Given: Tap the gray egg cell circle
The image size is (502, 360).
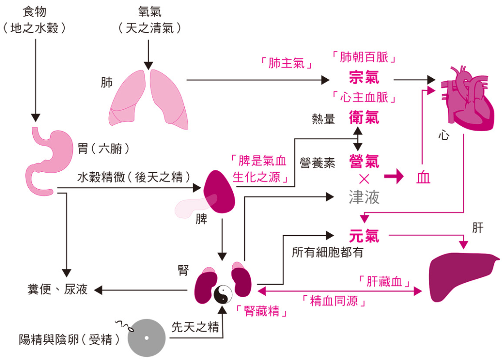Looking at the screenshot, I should click(146, 338).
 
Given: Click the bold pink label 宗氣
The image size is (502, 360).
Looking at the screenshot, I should click(364, 77).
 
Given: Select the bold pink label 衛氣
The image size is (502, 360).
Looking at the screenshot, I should click(364, 118).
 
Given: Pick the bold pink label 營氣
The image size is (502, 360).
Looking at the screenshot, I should click(364, 161).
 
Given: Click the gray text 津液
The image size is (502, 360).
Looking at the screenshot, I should click(364, 197).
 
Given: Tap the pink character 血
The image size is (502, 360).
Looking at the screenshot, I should click(423, 178).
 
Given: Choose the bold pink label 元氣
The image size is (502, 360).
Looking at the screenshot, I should click(364, 236).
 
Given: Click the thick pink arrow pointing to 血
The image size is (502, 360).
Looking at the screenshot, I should click(394, 178).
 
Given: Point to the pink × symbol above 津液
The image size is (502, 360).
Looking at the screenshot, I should click(364, 179).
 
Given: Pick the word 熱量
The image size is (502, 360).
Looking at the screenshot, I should click(324, 119).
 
